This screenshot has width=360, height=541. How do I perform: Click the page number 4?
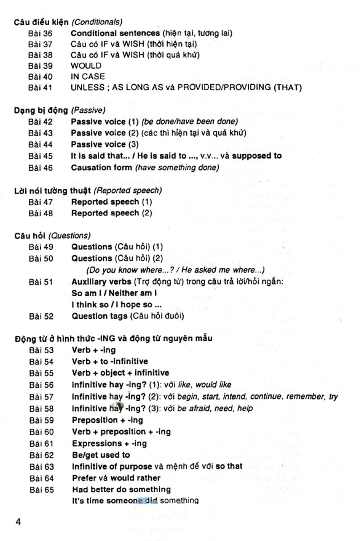click(18, 522)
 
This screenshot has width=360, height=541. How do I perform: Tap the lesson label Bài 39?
click(40, 66)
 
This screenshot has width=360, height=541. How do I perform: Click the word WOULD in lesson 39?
click(86, 66)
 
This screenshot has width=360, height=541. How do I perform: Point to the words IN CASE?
click(88, 77)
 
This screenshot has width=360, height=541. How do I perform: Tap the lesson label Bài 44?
click(40, 145)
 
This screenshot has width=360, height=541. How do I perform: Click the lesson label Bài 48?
click(40, 213)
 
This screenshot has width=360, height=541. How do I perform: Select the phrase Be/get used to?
click(101, 455)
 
